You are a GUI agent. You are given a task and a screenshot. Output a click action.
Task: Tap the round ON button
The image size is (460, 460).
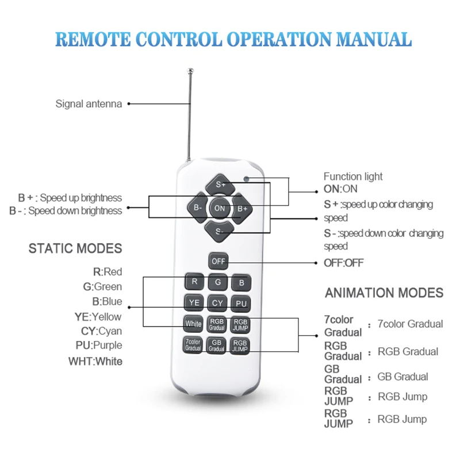tap(220, 208)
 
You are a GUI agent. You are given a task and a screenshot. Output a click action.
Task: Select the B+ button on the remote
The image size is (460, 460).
tap(242, 208)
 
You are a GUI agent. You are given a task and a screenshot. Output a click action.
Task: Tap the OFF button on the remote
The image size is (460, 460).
tap(218, 261)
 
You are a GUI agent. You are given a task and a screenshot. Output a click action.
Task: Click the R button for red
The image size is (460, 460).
tap(194, 282)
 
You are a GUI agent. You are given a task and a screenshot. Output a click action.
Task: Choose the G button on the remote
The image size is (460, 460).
tap(218, 282)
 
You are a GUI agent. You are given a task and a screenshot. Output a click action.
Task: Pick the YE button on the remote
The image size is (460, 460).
tap(194, 303)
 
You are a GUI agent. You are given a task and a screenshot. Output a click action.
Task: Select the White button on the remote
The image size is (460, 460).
tap(193, 324)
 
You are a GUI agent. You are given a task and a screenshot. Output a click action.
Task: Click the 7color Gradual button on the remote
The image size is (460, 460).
tap(193, 345)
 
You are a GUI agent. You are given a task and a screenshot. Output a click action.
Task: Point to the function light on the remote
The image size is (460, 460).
tap(246, 178)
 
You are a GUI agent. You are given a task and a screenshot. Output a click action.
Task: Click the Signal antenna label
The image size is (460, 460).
tap(89, 104)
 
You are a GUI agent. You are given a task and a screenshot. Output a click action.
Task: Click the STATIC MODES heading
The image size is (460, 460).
tap(75, 248)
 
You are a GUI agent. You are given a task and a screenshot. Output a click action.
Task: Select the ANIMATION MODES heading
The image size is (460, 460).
tap(384, 293)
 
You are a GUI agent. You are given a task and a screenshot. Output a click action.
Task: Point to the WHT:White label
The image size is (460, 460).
tap(95, 362)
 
